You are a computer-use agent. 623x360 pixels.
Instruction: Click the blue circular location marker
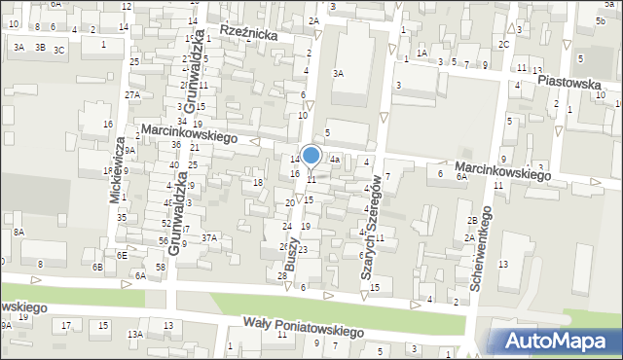(311, 156)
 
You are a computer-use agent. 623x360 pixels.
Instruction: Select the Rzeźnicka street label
(249, 34)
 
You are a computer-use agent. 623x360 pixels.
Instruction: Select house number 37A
(209, 237)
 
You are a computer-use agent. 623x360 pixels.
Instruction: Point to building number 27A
(132, 94)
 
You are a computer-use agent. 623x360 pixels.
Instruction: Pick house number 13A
(134, 334)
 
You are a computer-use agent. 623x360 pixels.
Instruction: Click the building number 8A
(18, 232)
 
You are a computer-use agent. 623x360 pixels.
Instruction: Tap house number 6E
(122, 255)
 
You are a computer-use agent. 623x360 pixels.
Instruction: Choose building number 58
(160, 267)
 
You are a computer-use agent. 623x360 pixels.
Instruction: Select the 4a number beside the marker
(334, 159)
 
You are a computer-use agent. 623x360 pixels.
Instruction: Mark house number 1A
(421, 53)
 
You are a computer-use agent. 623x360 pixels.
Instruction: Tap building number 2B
(471, 221)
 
